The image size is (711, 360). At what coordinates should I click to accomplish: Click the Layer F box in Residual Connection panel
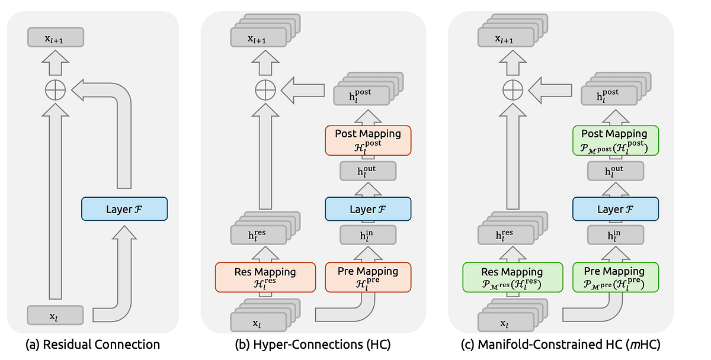(124, 209)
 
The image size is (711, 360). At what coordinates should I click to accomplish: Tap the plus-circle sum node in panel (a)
(56, 90)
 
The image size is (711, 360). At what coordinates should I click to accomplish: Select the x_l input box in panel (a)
(55, 315)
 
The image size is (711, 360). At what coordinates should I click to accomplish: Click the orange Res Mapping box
(265, 277)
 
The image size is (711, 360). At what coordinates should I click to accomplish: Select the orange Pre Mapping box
(367, 277)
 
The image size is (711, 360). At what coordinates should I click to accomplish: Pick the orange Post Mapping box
(367, 140)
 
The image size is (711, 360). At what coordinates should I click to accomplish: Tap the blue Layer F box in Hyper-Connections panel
(367, 209)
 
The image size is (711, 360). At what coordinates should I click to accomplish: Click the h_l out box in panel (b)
(367, 172)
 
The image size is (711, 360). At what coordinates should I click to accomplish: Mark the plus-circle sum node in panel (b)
(265, 90)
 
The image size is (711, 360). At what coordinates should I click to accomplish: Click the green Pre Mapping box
(616, 277)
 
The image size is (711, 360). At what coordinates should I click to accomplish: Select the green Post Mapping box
(616, 140)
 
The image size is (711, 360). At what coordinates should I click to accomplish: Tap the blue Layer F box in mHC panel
(616, 209)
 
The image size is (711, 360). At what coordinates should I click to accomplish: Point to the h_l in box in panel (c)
(616, 236)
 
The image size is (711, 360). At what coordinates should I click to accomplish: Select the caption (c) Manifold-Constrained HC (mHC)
(561, 344)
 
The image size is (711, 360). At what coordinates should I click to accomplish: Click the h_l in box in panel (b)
(367, 236)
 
